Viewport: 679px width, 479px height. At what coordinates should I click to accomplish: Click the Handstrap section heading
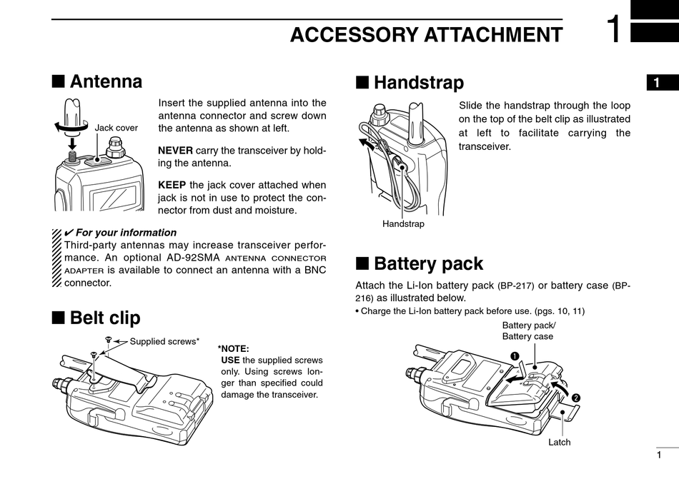pyautogui.click(x=418, y=83)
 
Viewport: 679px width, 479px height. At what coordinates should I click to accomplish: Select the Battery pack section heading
pyautogui.click(x=428, y=264)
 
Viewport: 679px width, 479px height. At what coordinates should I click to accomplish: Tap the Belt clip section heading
pyautogui.click(x=105, y=317)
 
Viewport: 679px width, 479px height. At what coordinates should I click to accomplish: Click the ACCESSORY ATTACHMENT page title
pyautogui.click(x=426, y=34)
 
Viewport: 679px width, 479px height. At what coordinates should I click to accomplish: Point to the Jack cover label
pyautogui.click(x=117, y=128)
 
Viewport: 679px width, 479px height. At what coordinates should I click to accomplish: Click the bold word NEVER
pyautogui.click(x=175, y=151)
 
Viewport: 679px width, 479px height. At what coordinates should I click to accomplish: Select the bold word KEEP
pyautogui.click(x=172, y=185)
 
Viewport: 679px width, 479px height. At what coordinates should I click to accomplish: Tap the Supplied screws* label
pyautogui.click(x=164, y=341)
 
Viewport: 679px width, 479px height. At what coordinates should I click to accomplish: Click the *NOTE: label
pyautogui.click(x=233, y=348)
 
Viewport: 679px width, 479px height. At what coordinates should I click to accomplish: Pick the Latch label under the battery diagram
pyautogui.click(x=559, y=442)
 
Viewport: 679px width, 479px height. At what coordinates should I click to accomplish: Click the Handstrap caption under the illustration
pyautogui.click(x=403, y=223)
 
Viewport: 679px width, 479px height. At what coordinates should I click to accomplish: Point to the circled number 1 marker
pyautogui.click(x=514, y=356)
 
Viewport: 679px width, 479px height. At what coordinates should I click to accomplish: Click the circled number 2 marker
pyautogui.click(x=575, y=397)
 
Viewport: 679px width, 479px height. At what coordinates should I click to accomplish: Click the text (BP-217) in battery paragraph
pyautogui.click(x=516, y=286)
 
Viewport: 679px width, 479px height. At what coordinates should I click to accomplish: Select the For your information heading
pyautogui.click(x=126, y=232)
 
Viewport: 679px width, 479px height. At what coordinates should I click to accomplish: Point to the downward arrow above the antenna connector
pyautogui.click(x=72, y=142)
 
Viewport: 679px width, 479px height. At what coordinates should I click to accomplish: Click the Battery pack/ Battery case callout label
pyautogui.click(x=528, y=331)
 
